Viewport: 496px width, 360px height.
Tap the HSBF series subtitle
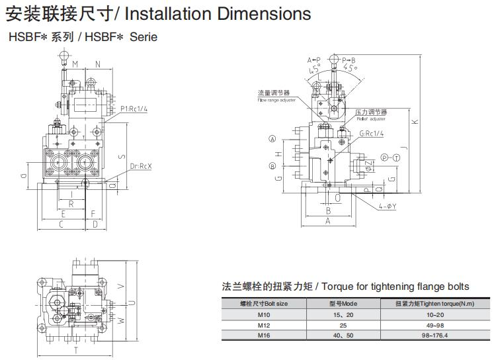83,37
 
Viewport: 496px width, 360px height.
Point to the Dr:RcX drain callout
140,166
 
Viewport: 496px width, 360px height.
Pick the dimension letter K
413,122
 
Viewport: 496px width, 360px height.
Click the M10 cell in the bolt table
263,315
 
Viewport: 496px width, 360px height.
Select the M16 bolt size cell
263,335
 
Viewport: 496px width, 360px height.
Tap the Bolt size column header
263,304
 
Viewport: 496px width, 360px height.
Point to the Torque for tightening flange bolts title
345,287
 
